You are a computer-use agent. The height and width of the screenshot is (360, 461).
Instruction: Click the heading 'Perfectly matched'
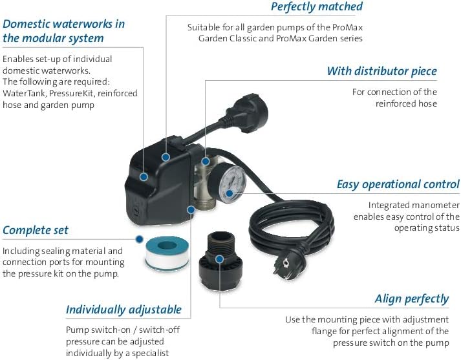click(x=317, y=6)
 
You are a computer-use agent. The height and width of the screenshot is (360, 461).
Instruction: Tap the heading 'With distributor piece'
click(x=381, y=71)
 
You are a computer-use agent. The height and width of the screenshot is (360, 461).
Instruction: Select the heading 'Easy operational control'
click(x=398, y=185)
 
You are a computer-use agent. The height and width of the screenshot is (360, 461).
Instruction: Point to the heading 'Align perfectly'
click(x=412, y=299)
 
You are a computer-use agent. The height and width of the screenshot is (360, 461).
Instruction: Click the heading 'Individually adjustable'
click(x=123, y=310)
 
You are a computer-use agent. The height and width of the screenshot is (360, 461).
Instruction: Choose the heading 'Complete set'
click(x=36, y=230)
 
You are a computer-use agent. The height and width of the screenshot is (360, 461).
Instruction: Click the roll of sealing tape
click(x=167, y=253)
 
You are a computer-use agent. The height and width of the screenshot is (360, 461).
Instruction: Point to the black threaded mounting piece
click(x=220, y=260)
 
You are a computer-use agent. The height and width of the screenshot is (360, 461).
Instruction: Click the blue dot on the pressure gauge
click(x=229, y=193)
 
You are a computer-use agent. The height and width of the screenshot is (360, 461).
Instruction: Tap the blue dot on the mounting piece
click(x=219, y=259)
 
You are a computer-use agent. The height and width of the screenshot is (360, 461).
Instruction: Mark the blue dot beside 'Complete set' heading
click(x=140, y=239)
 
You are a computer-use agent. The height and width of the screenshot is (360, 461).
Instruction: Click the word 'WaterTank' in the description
click(x=23, y=93)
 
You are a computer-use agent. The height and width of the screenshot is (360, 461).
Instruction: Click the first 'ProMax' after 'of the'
click(x=347, y=27)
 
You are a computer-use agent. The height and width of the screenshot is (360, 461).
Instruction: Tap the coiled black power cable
click(x=291, y=224)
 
